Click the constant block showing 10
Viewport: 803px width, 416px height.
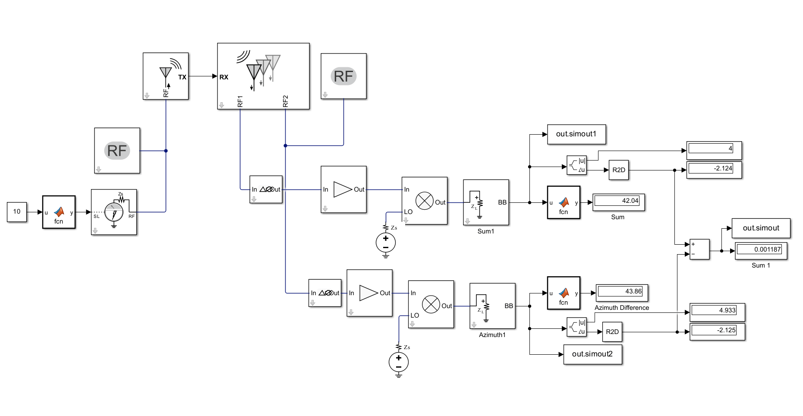coord(17,211)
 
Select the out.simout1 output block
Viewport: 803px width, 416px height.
coord(576,134)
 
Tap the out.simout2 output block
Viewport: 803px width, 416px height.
coord(592,354)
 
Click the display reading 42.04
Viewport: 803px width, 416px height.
coord(618,201)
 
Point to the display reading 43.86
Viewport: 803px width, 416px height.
coord(621,292)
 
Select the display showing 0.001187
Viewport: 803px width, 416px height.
coord(761,250)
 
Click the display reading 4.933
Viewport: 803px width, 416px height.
coord(717,311)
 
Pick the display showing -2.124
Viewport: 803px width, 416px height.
coord(714,169)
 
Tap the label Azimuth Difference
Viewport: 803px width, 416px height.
coord(621,308)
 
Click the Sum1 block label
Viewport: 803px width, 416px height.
coord(485,231)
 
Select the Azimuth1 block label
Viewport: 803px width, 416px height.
coord(492,335)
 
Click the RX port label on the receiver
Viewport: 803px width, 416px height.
coord(224,77)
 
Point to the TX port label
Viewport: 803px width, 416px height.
coord(182,77)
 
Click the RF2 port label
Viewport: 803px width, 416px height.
coord(285,101)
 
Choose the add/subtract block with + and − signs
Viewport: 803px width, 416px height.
coord(699,249)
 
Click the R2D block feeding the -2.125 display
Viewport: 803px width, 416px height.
coord(612,332)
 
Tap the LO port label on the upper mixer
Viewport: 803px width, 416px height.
coord(408,212)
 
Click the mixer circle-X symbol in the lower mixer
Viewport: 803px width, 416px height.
coord(431,305)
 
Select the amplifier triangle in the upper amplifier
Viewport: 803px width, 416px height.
coord(343,189)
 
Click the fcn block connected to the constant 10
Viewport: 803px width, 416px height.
coord(59,212)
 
